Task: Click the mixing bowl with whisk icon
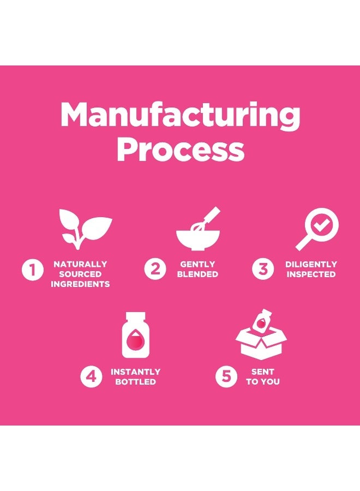coord(198,229)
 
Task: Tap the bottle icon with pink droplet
coord(136,335)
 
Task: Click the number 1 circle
coord(33,270)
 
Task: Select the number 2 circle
coord(155,268)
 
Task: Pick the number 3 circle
coord(263,268)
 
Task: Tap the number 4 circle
coord(91,376)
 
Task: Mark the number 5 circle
coord(226,376)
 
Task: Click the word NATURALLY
coord(80,264)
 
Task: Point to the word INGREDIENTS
coord(80,284)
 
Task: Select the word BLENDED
coord(197,274)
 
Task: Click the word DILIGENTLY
coord(311,264)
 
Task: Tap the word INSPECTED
coord(311,274)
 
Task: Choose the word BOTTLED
coord(136,382)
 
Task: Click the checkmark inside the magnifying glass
coord(321,225)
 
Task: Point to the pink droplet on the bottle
coord(136,340)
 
